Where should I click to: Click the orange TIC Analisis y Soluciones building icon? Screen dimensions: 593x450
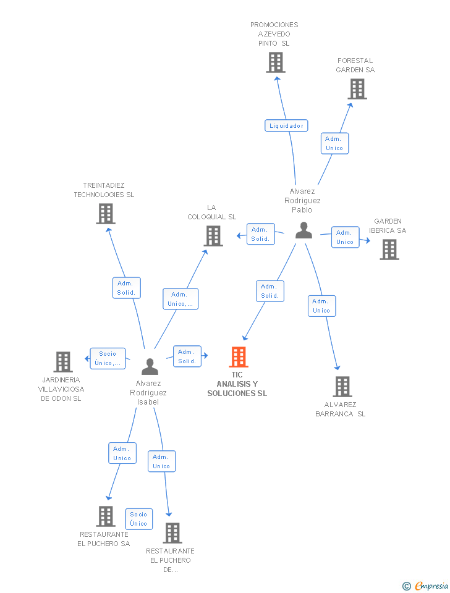[239, 357]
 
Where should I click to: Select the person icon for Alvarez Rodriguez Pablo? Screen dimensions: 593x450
[304, 230]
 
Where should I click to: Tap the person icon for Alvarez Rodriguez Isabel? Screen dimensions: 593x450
[150, 366]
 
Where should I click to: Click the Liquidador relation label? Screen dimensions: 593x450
[286, 125]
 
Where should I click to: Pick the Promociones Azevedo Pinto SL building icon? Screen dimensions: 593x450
[275, 62]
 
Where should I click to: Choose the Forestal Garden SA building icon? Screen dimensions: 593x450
[357, 89]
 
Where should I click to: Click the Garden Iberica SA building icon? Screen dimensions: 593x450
[389, 249]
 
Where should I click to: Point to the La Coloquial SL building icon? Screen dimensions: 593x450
[213, 235]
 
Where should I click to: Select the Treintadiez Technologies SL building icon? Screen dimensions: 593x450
[106, 214]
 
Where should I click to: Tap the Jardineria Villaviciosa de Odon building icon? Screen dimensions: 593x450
[63, 362]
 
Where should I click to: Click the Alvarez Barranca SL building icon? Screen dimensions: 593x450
[342, 387]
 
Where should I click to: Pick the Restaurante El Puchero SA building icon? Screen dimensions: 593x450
[106, 516]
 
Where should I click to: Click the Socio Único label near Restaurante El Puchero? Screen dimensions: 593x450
[138, 519]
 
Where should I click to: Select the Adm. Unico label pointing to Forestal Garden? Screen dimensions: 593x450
[334, 143]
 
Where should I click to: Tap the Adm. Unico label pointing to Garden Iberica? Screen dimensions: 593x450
[345, 237]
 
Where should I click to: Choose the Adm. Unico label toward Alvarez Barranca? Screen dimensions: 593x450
[321, 306]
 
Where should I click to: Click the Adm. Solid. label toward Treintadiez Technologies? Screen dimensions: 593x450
[127, 288]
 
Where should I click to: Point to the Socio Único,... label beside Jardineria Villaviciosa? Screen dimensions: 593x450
[108, 358]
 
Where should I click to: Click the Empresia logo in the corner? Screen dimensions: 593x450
[426, 586]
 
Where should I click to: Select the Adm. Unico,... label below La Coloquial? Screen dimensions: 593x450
[180, 299]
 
